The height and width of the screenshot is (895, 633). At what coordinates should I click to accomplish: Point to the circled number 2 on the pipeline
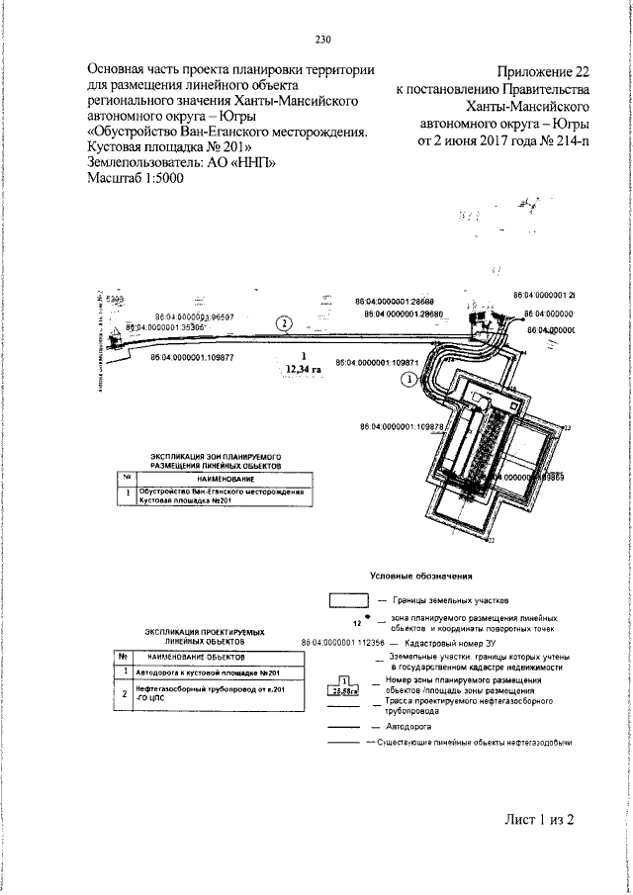pyautogui.click(x=284, y=322)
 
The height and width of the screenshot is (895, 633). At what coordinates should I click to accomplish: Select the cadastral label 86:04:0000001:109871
pyautogui.click(x=379, y=363)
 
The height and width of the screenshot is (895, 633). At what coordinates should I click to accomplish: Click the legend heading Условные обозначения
pyautogui.click(x=420, y=576)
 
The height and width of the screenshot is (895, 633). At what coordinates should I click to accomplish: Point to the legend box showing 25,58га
pyautogui.click(x=343, y=683)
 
